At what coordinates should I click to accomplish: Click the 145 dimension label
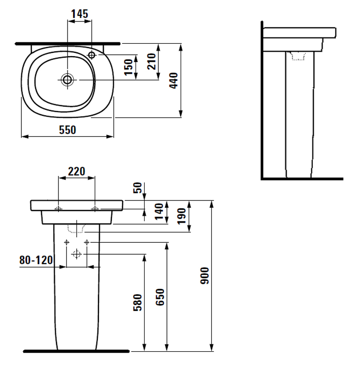pyautogui.click(x=79, y=14)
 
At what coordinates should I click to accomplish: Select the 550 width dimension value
pyautogui.click(x=68, y=130)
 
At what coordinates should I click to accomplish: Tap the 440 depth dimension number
pyautogui.click(x=174, y=80)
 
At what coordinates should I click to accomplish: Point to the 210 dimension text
pyautogui.click(x=152, y=61)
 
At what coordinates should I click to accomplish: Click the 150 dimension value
pyautogui.click(x=128, y=67)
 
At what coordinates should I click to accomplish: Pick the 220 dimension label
pyautogui.click(x=77, y=171)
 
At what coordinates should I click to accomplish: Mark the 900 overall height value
pyautogui.click(x=205, y=276)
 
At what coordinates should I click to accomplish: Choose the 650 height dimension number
pyautogui.click(x=160, y=297)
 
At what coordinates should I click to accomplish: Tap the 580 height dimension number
pyautogui.click(x=137, y=303)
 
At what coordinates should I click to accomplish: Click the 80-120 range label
pyautogui.click(x=36, y=260)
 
